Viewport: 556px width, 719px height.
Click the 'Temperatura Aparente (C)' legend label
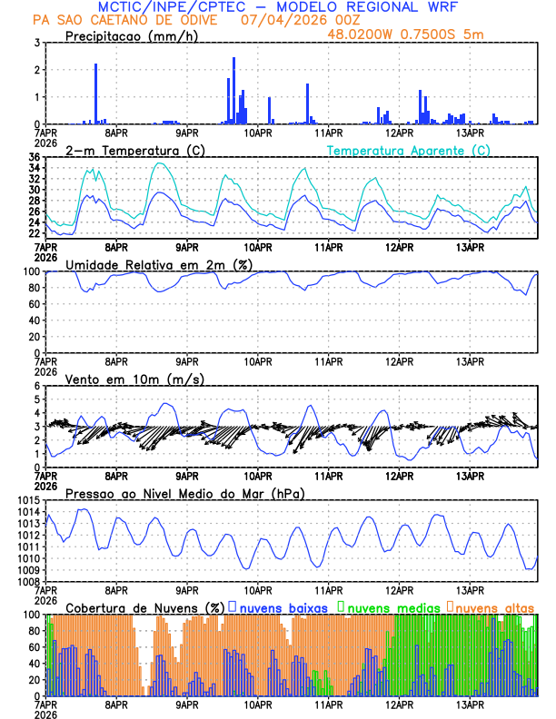click(x=409, y=150)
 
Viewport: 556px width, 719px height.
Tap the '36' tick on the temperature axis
click(x=33, y=158)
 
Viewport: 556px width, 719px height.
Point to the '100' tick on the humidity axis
click(x=30, y=271)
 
